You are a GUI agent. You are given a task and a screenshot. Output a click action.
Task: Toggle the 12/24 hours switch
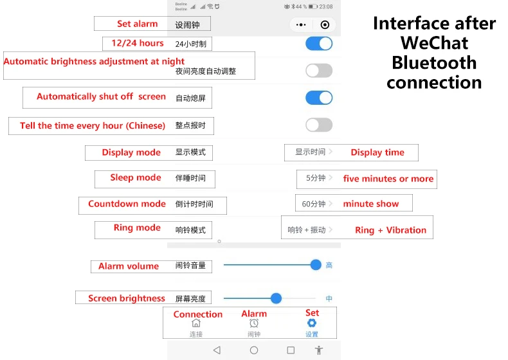click(x=319, y=44)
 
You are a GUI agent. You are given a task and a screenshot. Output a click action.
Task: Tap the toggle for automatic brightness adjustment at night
click(x=319, y=71)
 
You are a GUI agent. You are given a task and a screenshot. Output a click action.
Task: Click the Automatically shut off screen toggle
click(x=319, y=98)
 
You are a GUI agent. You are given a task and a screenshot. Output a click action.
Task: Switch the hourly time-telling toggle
click(x=319, y=125)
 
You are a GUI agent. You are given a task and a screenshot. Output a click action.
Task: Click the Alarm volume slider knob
click(x=316, y=265)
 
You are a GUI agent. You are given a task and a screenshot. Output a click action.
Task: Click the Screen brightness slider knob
click(x=277, y=298)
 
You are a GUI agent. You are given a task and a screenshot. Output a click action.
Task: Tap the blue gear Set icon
click(x=312, y=323)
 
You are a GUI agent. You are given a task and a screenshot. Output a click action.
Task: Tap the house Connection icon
click(x=197, y=323)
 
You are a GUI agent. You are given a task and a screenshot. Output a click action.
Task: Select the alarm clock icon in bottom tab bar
click(x=254, y=323)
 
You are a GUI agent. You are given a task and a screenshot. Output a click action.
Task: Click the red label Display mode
click(x=131, y=152)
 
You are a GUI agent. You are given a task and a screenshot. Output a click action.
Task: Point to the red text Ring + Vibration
click(x=390, y=230)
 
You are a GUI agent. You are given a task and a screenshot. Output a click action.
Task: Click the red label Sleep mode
click(x=136, y=177)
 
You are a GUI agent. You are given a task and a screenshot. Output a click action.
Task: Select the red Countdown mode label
click(x=127, y=204)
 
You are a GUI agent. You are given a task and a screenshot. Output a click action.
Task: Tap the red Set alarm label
click(x=137, y=24)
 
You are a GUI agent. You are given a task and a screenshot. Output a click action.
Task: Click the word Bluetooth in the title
click(x=434, y=63)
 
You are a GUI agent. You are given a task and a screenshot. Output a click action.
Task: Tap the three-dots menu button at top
click(x=300, y=24)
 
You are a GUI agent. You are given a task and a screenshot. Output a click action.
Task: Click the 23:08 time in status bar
click(x=326, y=6)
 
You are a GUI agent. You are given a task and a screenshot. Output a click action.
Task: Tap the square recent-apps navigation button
click(x=291, y=350)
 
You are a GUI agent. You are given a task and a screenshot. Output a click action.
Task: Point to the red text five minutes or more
click(x=388, y=179)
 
